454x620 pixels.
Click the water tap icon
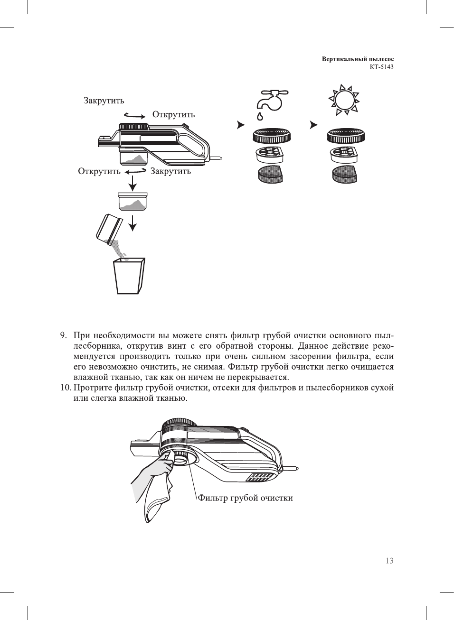pos(269,100)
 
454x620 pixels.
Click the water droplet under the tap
pos(260,116)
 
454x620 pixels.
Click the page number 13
pos(389,561)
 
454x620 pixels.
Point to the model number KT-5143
pos(381,67)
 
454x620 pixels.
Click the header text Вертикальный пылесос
pos(358,59)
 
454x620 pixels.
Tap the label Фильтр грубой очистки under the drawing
pos(245,498)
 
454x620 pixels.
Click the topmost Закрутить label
pos(104,101)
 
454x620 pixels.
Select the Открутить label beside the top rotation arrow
pos(173,114)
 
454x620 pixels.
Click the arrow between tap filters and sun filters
pos(309,125)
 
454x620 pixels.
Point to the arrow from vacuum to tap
pos(236,125)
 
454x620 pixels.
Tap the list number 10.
pos(65,388)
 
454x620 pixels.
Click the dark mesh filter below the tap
pos(270,174)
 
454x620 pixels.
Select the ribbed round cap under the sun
pos(346,137)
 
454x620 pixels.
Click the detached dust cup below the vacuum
pos(133,202)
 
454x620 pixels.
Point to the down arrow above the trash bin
pos(133,222)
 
